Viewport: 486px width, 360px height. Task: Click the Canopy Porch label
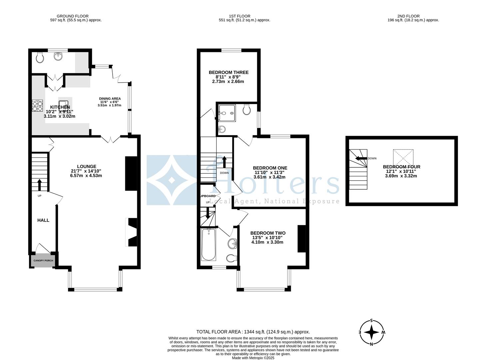click(x=43, y=261)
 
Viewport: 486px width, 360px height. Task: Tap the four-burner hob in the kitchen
click(x=37, y=105)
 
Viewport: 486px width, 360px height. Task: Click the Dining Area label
click(x=110, y=99)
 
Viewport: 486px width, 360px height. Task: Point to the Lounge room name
click(x=86, y=166)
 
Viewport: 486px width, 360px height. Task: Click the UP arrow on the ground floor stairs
click(x=39, y=184)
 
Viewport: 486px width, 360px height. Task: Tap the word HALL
click(x=43, y=220)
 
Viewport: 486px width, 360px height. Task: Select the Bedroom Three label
click(x=229, y=72)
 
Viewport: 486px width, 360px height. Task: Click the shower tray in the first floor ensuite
click(x=227, y=113)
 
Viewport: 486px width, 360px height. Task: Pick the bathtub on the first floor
click(x=209, y=245)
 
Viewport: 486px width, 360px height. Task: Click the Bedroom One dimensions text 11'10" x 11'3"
click(x=270, y=172)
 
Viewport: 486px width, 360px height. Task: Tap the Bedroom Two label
click(x=268, y=233)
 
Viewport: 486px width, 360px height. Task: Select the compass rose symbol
click(x=371, y=332)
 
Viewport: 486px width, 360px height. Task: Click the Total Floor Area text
click(x=253, y=332)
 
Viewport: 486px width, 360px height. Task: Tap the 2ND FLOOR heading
click(x=408, y=16)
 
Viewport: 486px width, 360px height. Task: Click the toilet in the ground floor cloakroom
click(x=40, y=58)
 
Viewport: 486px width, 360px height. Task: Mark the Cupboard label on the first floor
click(x=208, y=196)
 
